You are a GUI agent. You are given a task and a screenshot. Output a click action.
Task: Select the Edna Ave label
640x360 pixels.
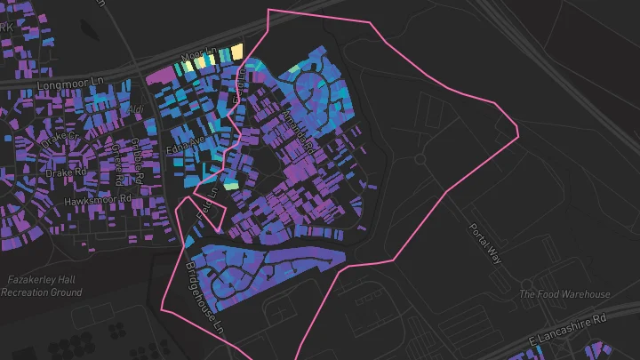[186, 144]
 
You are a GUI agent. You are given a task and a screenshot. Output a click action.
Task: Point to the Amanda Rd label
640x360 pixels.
[298, 133]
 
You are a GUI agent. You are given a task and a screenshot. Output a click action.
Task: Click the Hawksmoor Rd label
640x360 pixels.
[98, 202]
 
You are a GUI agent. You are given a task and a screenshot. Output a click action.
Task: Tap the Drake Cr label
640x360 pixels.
[61, 138]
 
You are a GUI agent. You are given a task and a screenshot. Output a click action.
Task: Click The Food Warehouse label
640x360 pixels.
[564, 294]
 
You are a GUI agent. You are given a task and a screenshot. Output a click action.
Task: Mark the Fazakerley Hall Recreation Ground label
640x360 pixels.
[44, 285]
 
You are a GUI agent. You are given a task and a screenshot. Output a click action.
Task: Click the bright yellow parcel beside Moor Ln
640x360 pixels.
[237, 51]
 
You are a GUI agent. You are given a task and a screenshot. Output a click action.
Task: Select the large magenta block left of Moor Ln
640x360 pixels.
[161, 76]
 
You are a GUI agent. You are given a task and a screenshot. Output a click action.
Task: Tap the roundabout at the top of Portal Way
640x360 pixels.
[420, 159]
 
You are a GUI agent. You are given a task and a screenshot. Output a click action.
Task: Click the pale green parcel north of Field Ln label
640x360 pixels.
[230, 186]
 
